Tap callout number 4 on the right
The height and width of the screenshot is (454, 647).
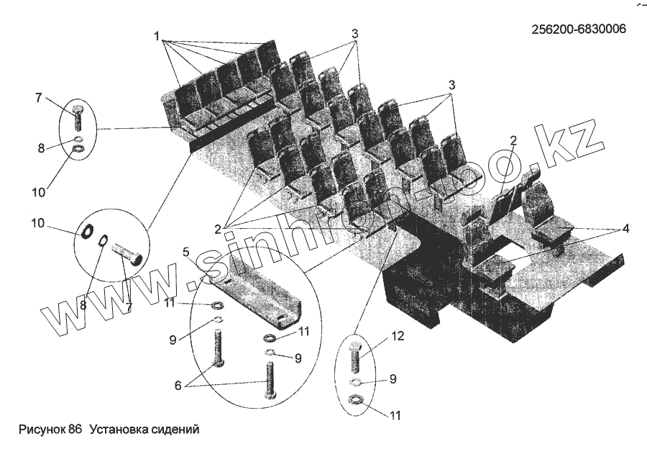pos(626,229)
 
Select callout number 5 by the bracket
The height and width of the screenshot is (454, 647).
pos(185,252)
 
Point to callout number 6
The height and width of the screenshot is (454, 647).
pos(179,384)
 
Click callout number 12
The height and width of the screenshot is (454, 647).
pos(398,335)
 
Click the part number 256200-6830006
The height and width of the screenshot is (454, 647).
pos(578,29)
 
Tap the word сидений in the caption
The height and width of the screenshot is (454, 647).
pos(175,430)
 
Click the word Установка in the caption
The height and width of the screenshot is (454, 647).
pos(119,430)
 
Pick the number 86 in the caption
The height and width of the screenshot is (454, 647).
pos(75,430)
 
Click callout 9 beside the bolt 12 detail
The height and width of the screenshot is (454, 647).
pos(393,379)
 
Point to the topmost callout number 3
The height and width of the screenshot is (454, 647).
pos(355,34)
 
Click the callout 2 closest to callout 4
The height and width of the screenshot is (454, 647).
pos(513,141)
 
